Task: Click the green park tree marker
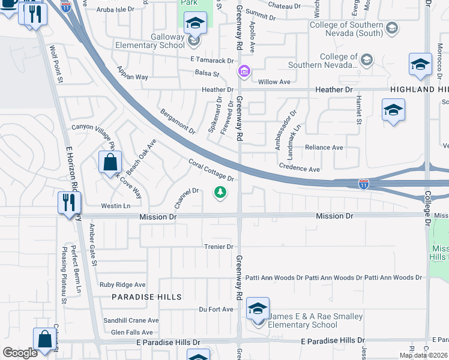click(221, 193)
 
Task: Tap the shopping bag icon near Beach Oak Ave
click(110, 162)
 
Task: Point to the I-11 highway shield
click(364, 184)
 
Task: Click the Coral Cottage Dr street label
click(211, 170)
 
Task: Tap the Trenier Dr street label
click(218, 247)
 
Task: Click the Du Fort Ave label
click(216, 310)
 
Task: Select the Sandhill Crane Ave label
click(130, 320)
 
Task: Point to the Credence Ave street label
click(300, 170)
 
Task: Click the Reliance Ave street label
click(324, 147)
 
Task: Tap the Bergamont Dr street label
click(178, 121)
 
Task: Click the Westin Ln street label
click(116, 206)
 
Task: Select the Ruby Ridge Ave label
click(122, 285)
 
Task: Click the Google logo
click(20, 353)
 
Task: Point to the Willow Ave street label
click(274, 82)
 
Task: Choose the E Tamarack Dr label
click(212, 60)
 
